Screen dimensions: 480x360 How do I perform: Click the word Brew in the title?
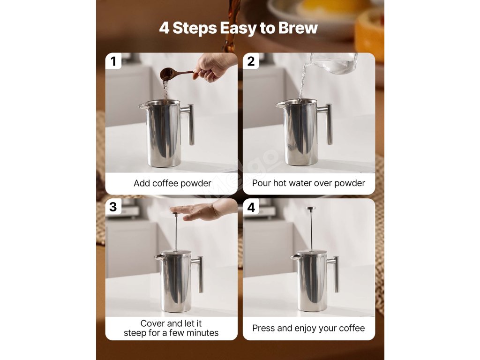[298, 28]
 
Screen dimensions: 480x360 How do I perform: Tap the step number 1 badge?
[113, 61]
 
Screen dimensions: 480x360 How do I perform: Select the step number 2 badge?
[251, 61]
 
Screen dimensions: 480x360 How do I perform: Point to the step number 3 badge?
[113, 207]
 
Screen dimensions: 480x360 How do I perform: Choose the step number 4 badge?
[251, 207]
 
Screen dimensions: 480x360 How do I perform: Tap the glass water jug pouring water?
[334, 63]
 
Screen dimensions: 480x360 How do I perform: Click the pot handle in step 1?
[189, 124]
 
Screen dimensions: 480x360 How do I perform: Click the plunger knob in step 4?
[311, 209]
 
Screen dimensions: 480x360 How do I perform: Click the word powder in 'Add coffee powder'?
[196, 183]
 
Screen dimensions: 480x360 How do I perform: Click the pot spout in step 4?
[294, 257]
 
